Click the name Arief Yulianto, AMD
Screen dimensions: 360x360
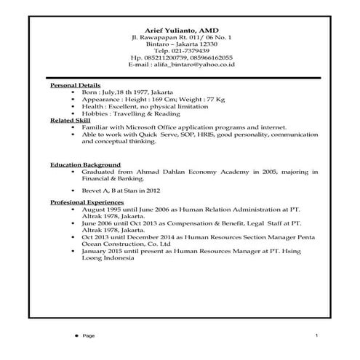coord(180,27)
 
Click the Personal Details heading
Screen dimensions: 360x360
coord(76,85)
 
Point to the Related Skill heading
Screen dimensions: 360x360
coord(71,120)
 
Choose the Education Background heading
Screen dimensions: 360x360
coord(86,165)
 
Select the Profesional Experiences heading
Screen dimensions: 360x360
coord(87,201)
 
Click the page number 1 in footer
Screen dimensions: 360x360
coord(316,335)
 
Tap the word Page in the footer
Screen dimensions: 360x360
coord(89,336)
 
